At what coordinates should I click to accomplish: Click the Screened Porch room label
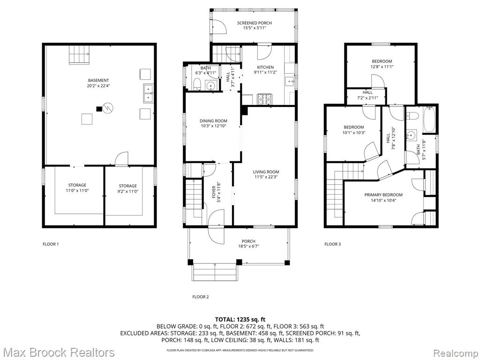coord(255,23)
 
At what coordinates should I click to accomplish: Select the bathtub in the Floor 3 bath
coord(429,120)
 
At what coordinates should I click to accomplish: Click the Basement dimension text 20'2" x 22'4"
coord(98,86)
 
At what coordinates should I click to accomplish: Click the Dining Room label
coord(213,121)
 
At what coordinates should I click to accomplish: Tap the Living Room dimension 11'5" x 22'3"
coord(266,177)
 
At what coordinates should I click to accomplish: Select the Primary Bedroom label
coord(383,195)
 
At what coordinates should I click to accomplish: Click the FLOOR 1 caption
coord(51,244)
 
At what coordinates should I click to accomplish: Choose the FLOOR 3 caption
coord(332,244)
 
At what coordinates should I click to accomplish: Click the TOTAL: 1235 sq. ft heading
coord(240,320)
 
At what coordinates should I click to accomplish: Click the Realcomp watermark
coord(456,352)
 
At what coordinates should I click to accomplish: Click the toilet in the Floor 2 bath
coord(196,84)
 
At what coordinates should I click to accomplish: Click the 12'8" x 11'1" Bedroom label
coord(382,64)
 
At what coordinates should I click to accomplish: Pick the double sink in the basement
coord(148,93)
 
